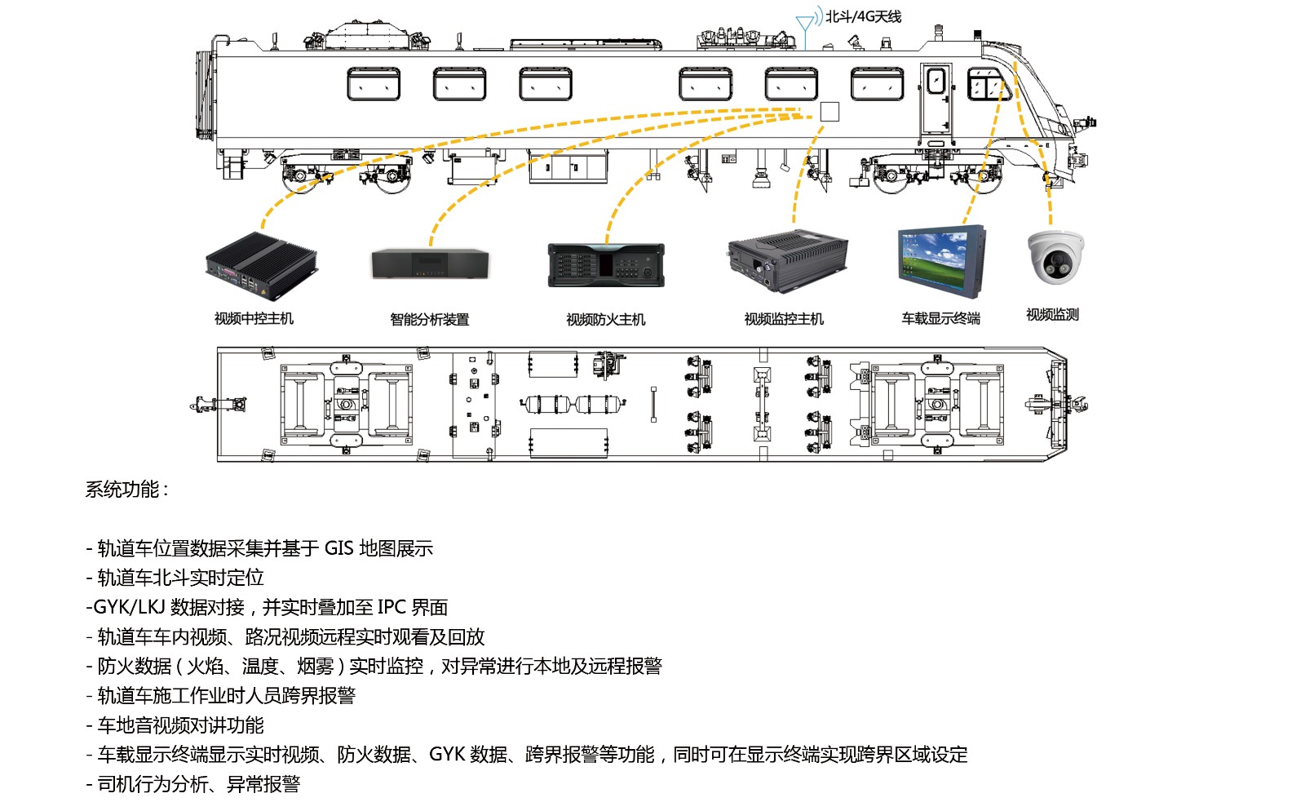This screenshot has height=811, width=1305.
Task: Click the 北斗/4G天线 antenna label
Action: (863, 16)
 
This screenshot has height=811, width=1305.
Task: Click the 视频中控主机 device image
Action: (260, 264)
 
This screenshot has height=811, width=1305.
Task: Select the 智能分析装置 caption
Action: (430, 319)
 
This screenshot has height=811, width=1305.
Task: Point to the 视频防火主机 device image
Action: (606, 265)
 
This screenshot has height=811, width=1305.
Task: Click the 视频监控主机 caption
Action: (784, 319)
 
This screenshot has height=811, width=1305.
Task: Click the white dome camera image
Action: (1055, 257)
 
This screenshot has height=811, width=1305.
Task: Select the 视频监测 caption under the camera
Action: (1052, 315)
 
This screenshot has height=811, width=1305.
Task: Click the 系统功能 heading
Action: (126, 490)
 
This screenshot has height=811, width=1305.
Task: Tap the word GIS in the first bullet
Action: (338, 548)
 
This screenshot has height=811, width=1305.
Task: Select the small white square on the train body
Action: (829, 111)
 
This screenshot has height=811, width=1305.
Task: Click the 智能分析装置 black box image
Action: (431, 264)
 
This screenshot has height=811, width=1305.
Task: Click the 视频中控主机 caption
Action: (254, 319)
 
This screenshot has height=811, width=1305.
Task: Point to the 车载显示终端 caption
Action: (940, 319)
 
